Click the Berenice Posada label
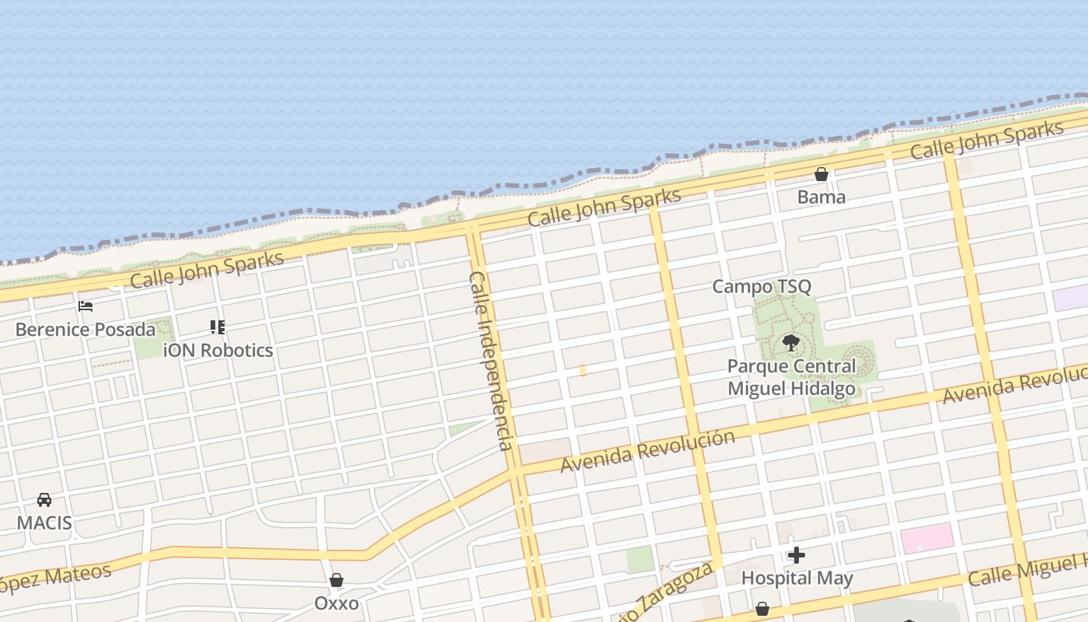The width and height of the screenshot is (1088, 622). point(85,329)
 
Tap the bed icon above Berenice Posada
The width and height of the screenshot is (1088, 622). point(85,306)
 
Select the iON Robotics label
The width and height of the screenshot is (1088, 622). point(218,350)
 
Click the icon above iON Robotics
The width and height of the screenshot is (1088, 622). point(218,327)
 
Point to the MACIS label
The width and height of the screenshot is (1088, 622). point(44,522)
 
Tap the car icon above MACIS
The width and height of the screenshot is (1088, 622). point(44,500)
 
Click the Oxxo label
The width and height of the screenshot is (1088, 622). point(337,603)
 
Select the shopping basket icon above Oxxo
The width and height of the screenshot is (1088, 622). point(337,580)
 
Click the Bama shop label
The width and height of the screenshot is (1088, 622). point(821,197)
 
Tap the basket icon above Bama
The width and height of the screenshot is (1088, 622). point(821,174)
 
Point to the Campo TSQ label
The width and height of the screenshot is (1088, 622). point(762,286)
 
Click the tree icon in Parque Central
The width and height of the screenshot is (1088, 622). point(791,342)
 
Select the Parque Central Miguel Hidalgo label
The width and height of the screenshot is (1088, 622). point(791,376)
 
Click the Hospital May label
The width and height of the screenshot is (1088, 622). point(797,578)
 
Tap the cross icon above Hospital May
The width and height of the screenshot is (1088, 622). point(797,555)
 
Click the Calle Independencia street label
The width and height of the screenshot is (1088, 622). point(490,361)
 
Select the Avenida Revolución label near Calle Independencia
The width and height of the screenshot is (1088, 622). point(647,450)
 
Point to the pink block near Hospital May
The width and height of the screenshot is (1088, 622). point(927,538)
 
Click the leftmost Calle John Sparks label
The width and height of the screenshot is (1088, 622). point(207,269)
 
